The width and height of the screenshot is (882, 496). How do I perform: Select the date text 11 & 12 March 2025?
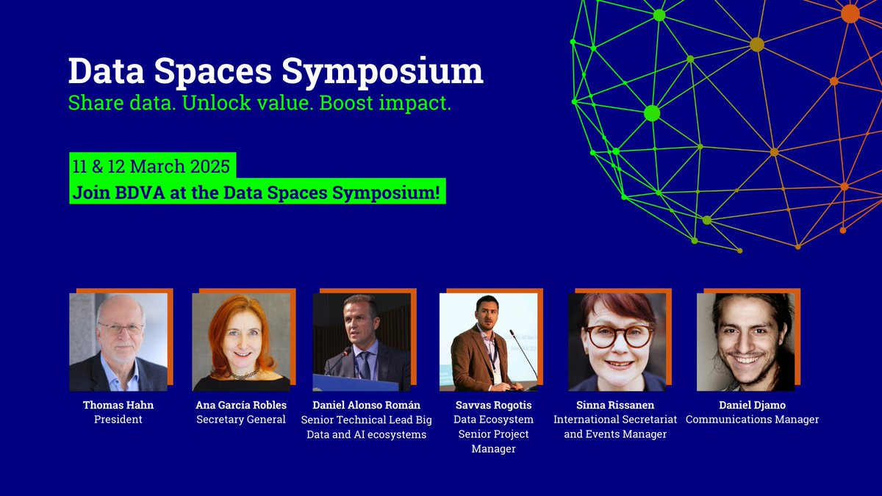point(150,166)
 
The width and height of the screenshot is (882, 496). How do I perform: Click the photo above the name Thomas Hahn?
point(118,342)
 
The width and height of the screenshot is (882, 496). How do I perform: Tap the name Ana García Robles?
point(241,405)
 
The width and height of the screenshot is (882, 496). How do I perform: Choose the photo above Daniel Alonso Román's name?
point(362,342)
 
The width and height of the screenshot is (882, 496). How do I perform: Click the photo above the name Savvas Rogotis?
point(488,342)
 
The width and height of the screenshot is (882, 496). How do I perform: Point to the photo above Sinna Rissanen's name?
point(617,342)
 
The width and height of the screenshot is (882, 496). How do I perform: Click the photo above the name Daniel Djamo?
point(745,342)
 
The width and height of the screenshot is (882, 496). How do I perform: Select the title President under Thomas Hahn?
point(118,420)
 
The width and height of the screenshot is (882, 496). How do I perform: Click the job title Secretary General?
point(241,420)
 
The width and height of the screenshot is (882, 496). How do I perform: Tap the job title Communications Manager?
point(752,420)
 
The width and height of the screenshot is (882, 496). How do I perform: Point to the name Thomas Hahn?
point(118,405)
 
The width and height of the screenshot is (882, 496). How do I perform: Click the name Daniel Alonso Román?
point(367,405)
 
